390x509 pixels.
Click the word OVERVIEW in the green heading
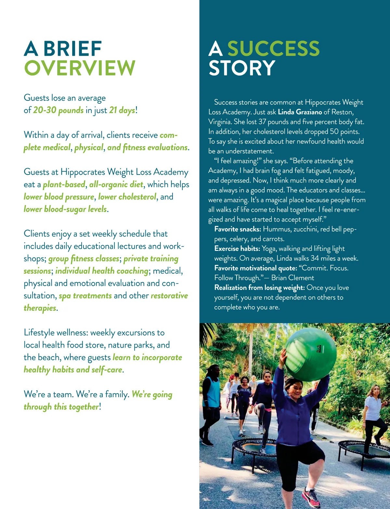coord(80,68)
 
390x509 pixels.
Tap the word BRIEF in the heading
coord(72,49)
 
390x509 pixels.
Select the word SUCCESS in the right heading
coord(273,49)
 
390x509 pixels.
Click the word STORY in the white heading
coord(242,68)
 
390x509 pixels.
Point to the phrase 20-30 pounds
coord(58,110)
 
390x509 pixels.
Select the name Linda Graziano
coord(300,112)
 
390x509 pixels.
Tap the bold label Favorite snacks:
coord(238,229)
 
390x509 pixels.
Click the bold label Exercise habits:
coord(237,249)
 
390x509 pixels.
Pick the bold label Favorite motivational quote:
coord(256,268)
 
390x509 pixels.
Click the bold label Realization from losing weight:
coord(259,288)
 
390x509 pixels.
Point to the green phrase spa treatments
coord(85,296)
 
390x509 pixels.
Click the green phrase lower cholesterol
coord(127,197)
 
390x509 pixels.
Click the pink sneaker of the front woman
coord(311,496)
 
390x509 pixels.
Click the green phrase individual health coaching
coord(102,271)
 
